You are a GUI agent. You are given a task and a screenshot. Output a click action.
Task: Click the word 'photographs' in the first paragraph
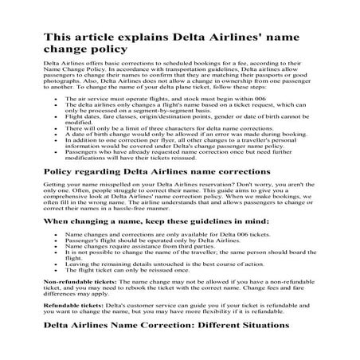62,85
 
